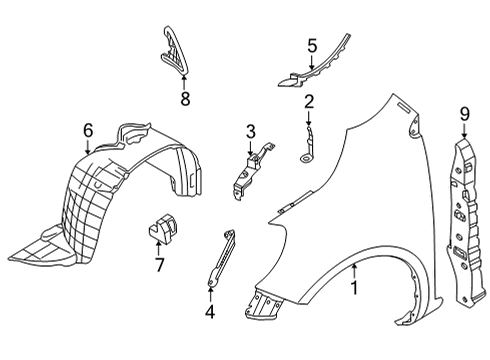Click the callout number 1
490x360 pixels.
(355, 288)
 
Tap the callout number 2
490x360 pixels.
(309, 102)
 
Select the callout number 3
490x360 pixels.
(251, 131)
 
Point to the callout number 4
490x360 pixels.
(210, 312)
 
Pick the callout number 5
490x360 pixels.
(312, 46)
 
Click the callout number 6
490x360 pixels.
(88, 130)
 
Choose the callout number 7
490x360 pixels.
(159, 265)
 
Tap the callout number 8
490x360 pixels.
(185, 99)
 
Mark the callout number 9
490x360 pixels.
(465, 114)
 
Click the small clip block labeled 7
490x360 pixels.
(162, 227)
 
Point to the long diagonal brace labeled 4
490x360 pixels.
(221, 258)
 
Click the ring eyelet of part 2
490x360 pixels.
(306, 159)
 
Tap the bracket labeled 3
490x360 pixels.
(251, 173)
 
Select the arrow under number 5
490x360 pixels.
(312, 62)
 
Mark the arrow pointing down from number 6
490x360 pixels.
(88, 147)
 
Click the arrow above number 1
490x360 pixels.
(355, 271)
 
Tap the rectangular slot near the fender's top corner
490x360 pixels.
(404, 108)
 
